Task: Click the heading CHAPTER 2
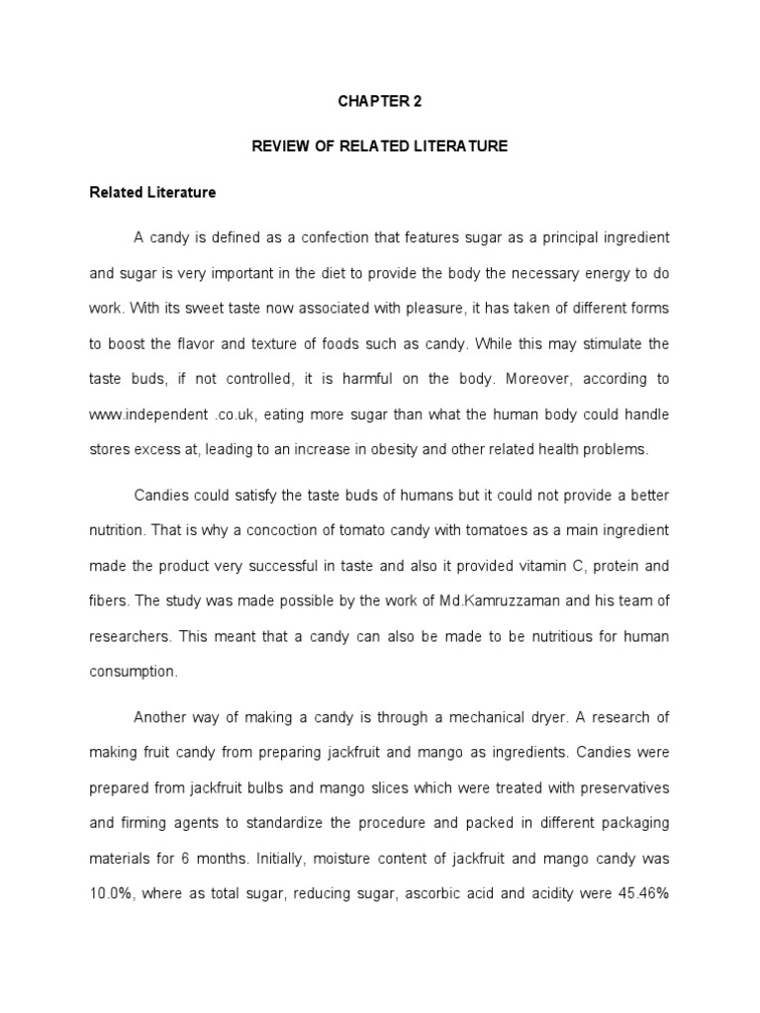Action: (380, 100)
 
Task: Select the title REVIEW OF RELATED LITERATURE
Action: (380, 146)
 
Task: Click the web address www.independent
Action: (141, 414)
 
